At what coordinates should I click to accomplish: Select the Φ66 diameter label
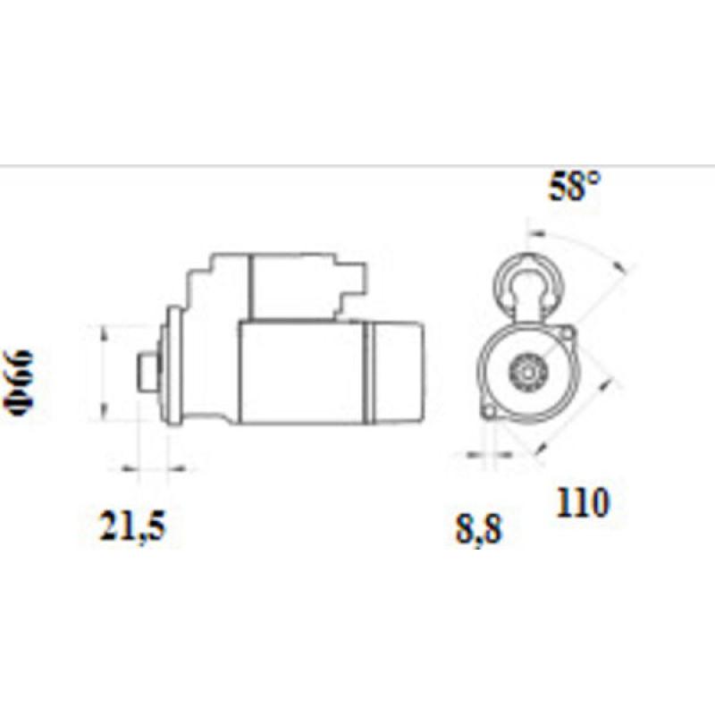click(x=20, y=380)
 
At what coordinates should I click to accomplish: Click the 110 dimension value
click(x=582, y=503)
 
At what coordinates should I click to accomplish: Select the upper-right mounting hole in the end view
click(x=566, y=333)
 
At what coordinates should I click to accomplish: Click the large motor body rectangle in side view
click(x=302, y=372)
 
